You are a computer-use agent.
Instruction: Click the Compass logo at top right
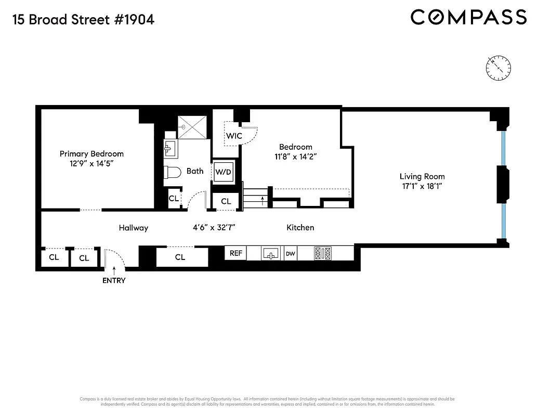coord(468,18)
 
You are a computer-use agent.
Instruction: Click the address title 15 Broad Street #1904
coord(82,20)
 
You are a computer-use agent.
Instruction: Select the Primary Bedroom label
coord(91,153)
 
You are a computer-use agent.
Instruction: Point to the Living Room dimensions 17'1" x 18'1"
coord(422,186)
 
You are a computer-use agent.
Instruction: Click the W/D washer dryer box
coord(224,171)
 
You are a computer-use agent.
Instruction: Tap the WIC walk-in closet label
coord(233,136)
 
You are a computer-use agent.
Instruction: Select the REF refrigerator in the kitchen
coord(235,253)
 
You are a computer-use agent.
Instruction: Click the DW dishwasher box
coord(291,254)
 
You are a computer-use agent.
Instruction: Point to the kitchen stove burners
coord(322,254)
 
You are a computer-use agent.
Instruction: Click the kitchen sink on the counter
coord(270,254)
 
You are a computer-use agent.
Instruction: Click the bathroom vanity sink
coord(170,149)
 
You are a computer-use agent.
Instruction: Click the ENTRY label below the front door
coord(114,280)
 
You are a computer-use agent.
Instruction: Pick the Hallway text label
coord(133,228)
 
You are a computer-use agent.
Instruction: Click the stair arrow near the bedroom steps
coord(263,200)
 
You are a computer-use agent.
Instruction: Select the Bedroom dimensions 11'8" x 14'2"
coord(295,156)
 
